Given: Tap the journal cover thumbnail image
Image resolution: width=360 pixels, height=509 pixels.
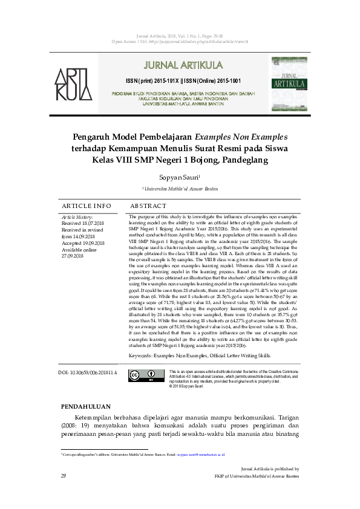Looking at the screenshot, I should pyautogui.click(x=289, y=82).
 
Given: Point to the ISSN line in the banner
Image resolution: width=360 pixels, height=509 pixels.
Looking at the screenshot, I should pyautogui.click(x=183, y=80).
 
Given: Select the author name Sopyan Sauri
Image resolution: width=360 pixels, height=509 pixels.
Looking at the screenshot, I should pyautogui.click(x=179, y=178).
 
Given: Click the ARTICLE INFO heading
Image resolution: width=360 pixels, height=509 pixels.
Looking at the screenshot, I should pyautogui.click(x=87, y=206).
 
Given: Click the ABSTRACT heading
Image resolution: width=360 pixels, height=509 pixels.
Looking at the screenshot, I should pyautogui.click(x=148, y=206).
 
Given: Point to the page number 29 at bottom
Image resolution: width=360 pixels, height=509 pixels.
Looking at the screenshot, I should pyautogui.click(x=63, y=476).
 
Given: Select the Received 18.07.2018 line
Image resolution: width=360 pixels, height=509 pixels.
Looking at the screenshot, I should pyautogui.click(x=83, y=223).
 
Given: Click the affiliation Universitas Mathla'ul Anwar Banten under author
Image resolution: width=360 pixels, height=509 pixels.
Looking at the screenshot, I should pyautogui.click(x=180, y=189).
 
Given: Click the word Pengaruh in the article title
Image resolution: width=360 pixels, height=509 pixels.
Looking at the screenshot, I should pyautogui.click(x=99, y=137).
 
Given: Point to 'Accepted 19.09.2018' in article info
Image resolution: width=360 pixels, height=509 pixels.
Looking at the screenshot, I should pyautogui.click(x=83, y=243).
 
